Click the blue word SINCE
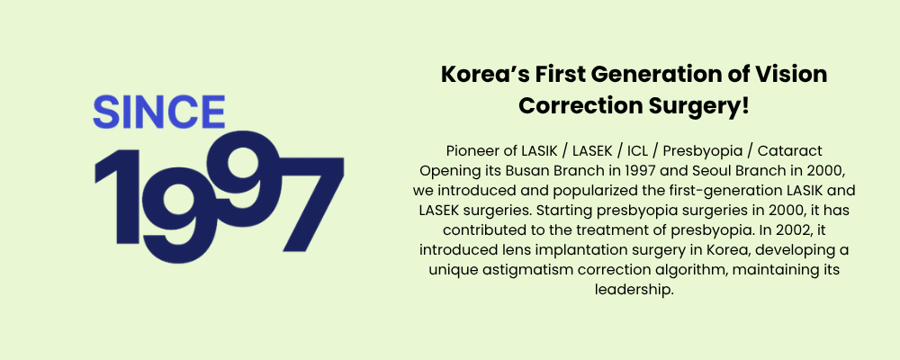click(x=159, y=112)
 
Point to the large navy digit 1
click(x=118, y=196)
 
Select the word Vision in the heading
click(x=797, y=75)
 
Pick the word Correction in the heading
click(x=580, y=106)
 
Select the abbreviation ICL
click(x=636, y=151)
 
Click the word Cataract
click(x=790, y=151)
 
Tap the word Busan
click(x=524, y=171)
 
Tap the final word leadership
click(x=634, y=290)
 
